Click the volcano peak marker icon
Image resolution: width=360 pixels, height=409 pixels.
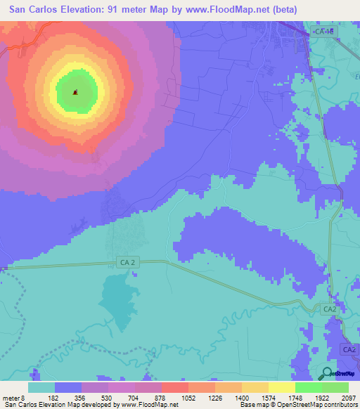(x=76, y=91)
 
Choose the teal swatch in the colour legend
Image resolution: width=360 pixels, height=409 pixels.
(x=41, y=387)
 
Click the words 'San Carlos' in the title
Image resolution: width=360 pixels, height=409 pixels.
(x=34, y=10)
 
